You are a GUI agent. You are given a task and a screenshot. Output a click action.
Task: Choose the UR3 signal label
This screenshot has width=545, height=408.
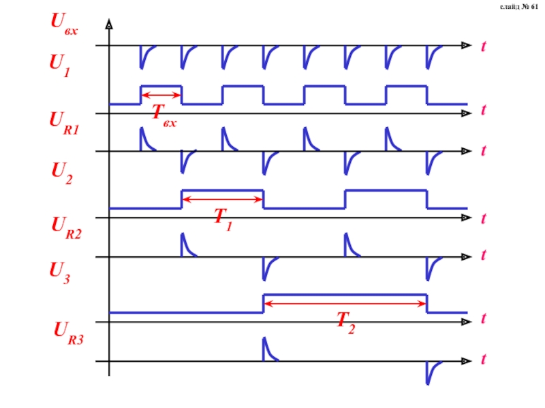click(68, 333)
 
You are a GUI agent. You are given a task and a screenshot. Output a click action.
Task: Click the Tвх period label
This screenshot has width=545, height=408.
click(163, 113)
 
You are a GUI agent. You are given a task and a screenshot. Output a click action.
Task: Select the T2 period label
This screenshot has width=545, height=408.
click(345, 322)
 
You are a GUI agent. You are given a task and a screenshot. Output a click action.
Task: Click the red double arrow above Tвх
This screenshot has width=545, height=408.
click(161, 95)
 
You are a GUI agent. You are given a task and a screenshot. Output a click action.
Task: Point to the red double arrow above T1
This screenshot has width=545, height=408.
click(222, 199)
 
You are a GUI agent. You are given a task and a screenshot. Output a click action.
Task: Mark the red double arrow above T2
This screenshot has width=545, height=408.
click(345, 303)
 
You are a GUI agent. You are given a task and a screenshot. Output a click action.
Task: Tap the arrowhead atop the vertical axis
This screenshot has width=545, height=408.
click(109, 25)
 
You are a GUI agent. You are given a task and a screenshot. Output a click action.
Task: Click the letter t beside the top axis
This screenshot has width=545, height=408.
click(484, 46)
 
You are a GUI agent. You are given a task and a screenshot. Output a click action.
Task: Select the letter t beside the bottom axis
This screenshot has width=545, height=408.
click(484, 358)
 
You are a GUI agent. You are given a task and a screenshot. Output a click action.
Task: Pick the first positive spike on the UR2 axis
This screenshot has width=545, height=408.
click(185, 245)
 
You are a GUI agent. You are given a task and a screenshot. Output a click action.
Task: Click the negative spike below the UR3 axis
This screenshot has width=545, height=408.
click(430, 372)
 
